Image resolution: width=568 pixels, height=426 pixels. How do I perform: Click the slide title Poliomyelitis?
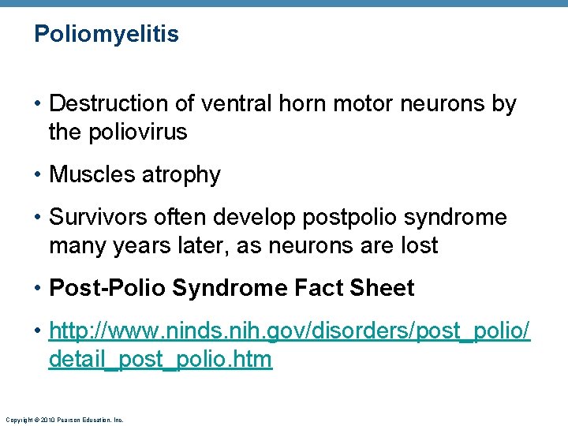point(106,35)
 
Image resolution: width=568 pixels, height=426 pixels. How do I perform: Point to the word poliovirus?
point(139,132)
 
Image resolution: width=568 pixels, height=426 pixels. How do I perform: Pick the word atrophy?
point(181,174)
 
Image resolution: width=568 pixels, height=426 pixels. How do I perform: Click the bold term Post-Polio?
point(107,289)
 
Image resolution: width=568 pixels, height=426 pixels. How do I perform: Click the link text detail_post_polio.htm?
point(160,360)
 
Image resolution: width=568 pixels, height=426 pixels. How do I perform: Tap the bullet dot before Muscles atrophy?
point(38,174)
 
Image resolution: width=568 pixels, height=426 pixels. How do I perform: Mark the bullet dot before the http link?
point(38,331)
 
